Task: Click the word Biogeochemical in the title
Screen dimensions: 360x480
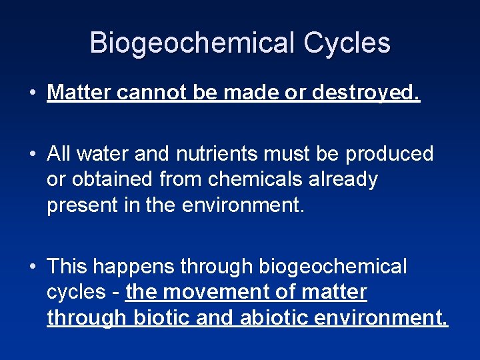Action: point(193,43)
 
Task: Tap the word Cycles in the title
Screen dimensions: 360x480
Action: point(347,43)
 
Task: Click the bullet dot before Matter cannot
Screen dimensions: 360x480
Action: point(33,93)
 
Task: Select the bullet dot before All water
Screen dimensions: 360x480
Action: point(33,154)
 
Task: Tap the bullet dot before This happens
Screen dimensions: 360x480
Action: point(33,267)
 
